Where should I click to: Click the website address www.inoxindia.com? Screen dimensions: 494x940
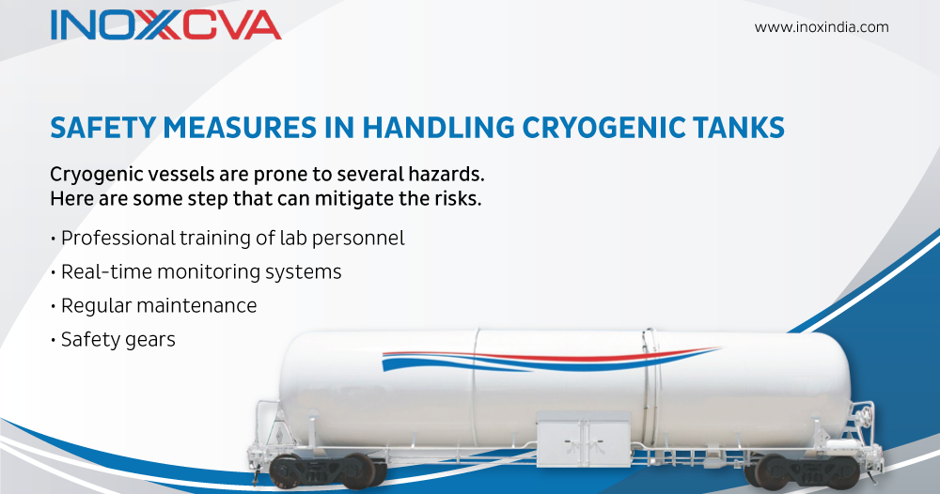(822, 27)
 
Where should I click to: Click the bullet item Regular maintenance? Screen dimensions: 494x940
(158, 306)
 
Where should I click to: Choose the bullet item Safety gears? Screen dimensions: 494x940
(117, 340)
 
